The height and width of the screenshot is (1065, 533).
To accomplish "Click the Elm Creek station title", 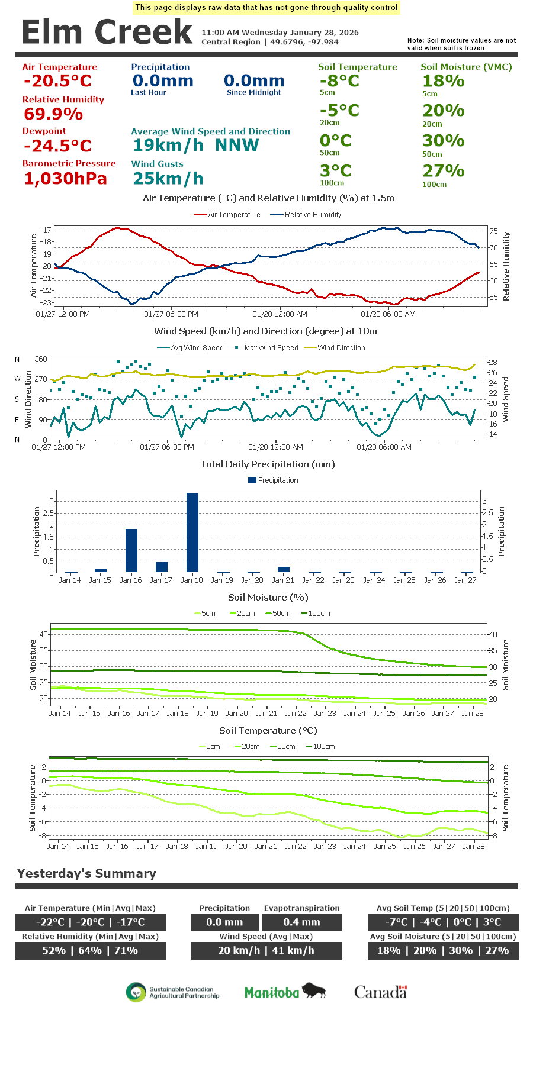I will click(x=107, y=32).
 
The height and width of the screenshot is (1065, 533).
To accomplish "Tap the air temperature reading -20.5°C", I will click(x=58, y=81).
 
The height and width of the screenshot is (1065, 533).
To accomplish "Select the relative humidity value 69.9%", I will click(x=53, y=114).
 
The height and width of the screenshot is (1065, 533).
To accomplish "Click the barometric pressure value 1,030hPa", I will click(x=66, y=178).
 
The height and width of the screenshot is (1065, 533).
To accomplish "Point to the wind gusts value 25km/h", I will click(x=168, y=178).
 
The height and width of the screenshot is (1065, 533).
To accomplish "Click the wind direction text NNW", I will click(x=237, y=145).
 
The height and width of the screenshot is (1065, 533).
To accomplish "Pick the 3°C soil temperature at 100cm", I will click(x=336, y=170).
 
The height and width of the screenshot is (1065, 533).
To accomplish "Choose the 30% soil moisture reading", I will click(x=443, y=141).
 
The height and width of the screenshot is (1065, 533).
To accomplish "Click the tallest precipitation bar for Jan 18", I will click(x=192, y=532).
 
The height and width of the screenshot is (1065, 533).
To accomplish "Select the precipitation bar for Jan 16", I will click(x=131, y=550).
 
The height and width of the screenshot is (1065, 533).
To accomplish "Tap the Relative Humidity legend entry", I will click(x=306, y=215).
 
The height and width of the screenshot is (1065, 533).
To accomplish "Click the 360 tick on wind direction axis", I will click(x=41, y=359).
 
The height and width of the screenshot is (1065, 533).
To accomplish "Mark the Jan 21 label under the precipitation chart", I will click(x=283, y=580).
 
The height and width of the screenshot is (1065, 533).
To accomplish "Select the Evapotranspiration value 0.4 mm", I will click(x=301, y=922).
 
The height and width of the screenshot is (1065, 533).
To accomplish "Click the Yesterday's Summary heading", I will click(x=86, y=873).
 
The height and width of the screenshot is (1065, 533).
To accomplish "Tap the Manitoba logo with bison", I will click(x=285, y=992).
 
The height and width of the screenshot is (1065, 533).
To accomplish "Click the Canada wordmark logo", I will click(x=381, y=992).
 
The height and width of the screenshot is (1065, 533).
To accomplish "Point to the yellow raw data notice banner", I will click(x=266, y=8).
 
